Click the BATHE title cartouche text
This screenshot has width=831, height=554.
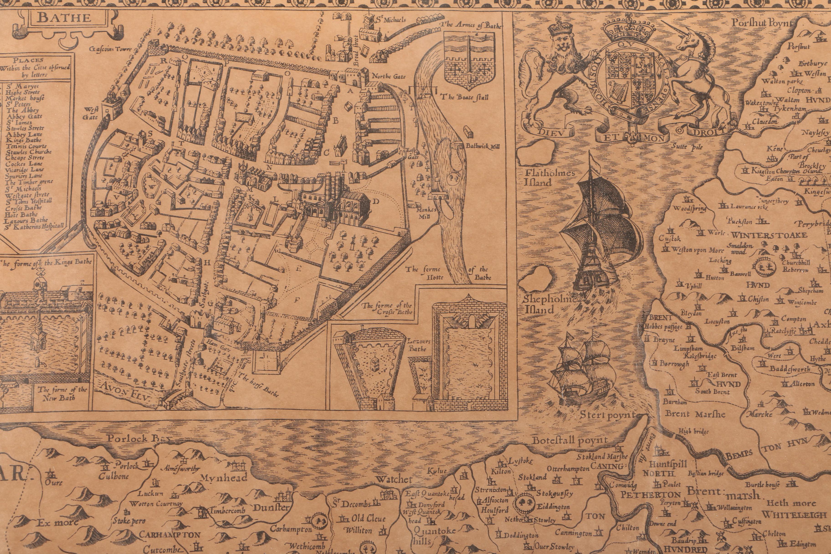coord(64,18)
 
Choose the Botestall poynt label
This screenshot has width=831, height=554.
coord(570,440)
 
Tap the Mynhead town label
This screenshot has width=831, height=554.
coord(224,478)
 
